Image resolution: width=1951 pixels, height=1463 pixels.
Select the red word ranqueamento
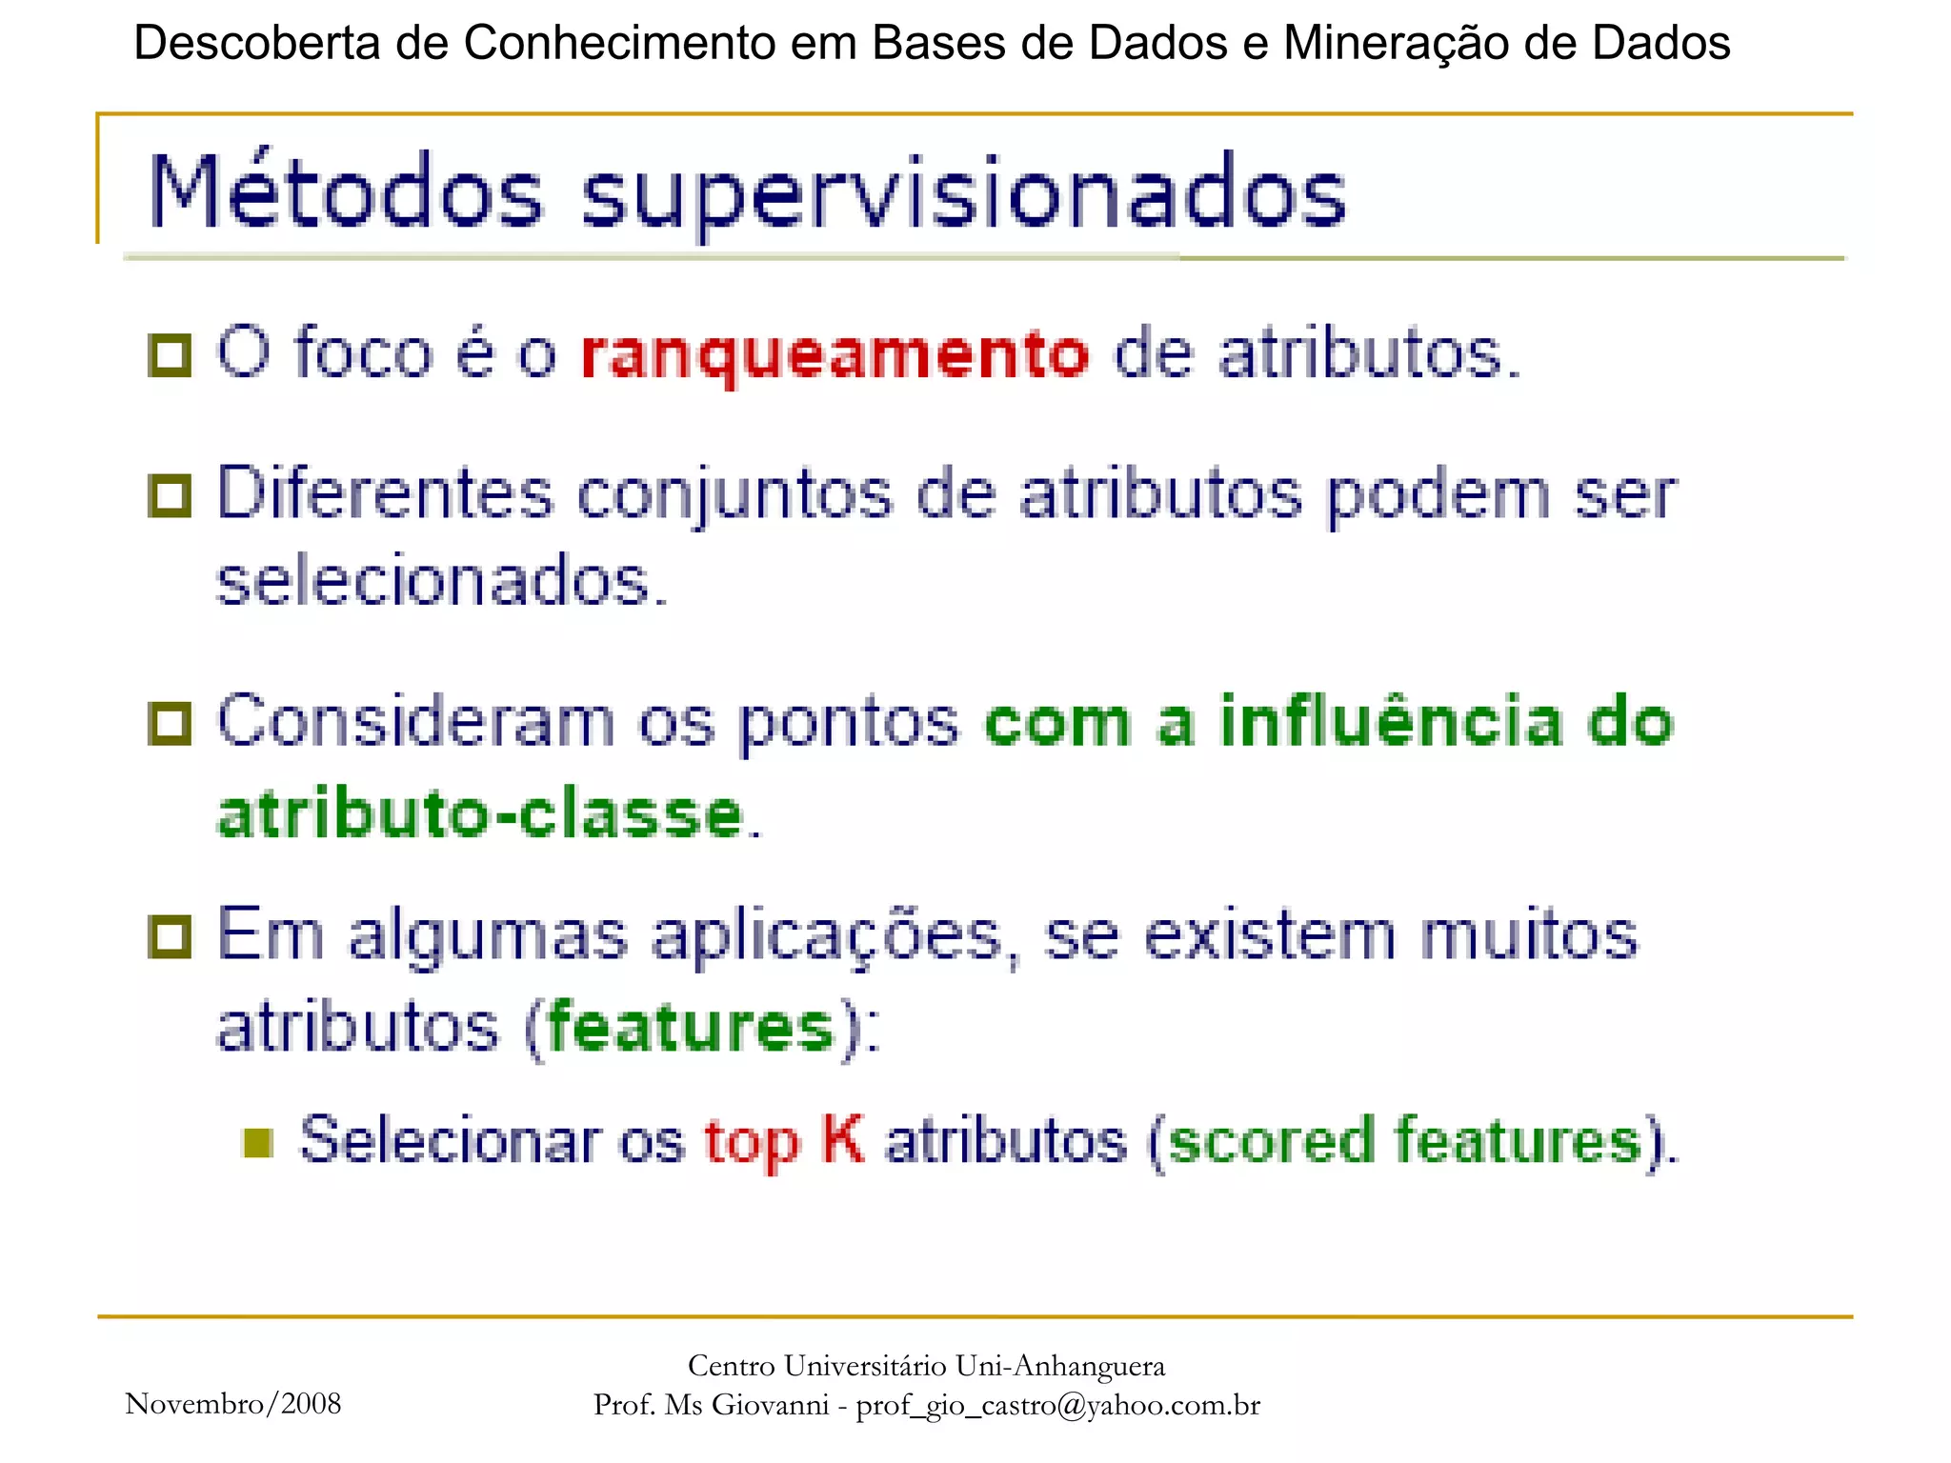(835, 355)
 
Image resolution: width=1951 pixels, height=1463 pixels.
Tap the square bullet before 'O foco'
(171, 355)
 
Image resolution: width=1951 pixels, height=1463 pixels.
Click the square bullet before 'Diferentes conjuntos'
(171, 496)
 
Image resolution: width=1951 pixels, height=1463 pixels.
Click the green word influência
(1392, 721)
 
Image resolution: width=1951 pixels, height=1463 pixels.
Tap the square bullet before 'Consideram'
(171, 724)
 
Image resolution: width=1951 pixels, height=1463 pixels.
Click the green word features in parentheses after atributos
(692, 1028)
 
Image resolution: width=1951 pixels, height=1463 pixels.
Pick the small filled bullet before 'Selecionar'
(258, 1142)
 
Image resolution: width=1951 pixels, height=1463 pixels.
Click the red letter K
(842, 1138)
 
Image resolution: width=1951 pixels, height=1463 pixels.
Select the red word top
(751, 1142)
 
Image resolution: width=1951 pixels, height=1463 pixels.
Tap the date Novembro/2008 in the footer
(232, 1403)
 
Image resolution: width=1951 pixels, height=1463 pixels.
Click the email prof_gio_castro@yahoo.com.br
(1057, 1405)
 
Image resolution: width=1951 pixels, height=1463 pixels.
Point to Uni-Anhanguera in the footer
(1059, 1366)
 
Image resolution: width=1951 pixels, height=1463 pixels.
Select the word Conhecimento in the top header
(618, 43)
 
